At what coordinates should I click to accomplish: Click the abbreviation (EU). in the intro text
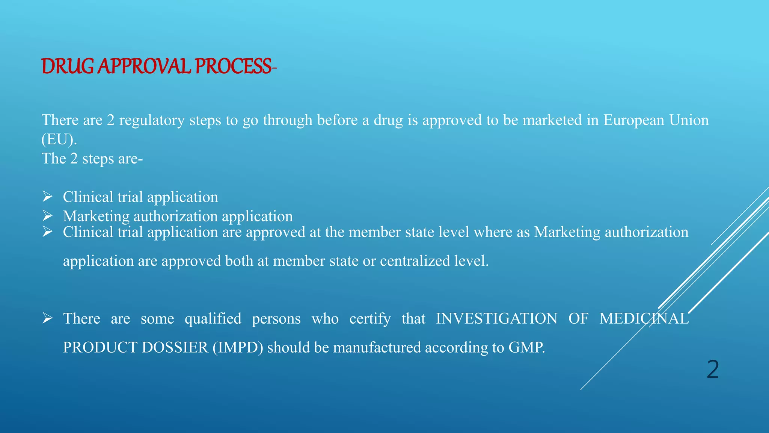pos(59,139)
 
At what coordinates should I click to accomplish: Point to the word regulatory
pos(152,120)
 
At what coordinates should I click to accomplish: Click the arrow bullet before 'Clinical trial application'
pos(47,197)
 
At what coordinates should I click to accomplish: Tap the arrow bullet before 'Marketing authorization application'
pos(47,216)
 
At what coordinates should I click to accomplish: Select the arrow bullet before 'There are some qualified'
pos(47,318)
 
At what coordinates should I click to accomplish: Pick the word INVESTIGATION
pos(496,319)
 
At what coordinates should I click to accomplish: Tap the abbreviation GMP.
pos(526,347)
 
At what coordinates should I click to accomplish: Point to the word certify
pos(370,319)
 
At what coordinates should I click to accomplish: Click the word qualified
pos(213,319)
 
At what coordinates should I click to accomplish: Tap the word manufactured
pos(377,347)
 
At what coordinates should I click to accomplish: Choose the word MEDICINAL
pos(644,319)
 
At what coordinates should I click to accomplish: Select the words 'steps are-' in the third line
pos(112,159)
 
